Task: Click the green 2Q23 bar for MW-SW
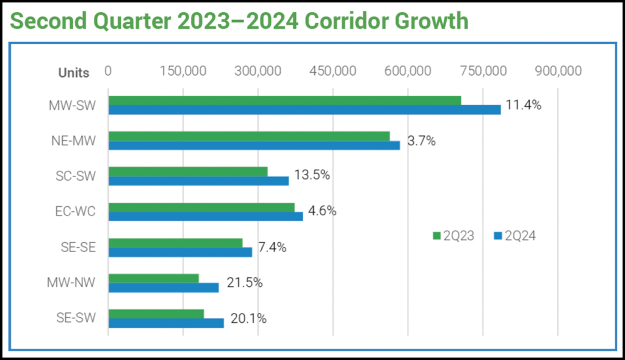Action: (284, 100)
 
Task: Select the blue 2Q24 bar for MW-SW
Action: (304, 110)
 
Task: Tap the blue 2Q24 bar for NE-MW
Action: (254, 145)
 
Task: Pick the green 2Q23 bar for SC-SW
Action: (188, 171)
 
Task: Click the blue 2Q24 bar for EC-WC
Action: (206, 217)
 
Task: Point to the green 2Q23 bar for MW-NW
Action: (154, 278)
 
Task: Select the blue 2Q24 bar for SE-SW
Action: (166, 323)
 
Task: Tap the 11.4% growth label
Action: (523, 104)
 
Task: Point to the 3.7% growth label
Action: (422, 141)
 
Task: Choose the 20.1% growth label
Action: (248, 319)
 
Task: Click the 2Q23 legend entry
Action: (452, 236)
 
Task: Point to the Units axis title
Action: (73, 73)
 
